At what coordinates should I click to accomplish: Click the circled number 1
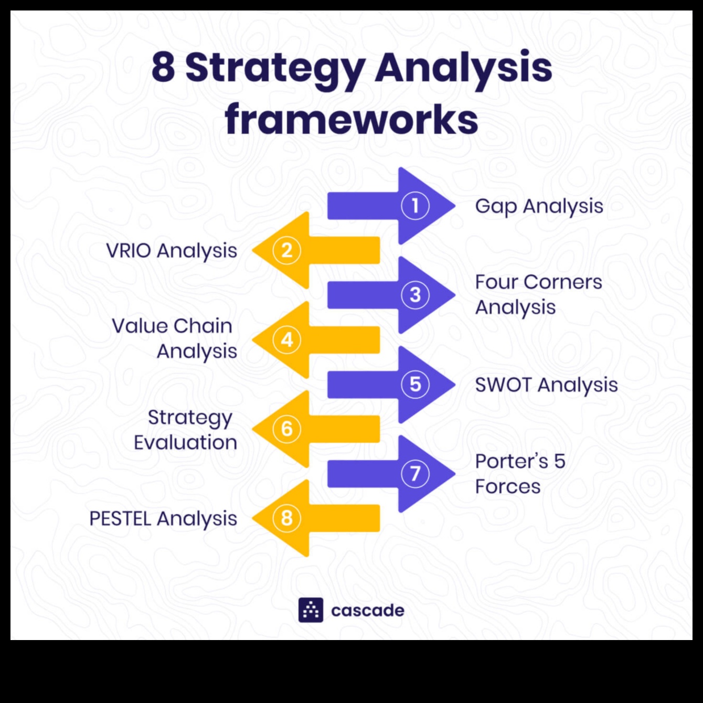415,206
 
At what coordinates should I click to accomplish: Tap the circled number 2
287,250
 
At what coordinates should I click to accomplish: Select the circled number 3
415,295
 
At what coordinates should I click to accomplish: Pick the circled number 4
287,340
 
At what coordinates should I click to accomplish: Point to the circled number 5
415,385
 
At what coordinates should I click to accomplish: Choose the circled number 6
287,429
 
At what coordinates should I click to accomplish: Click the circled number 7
415,474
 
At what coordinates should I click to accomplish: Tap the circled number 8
287,518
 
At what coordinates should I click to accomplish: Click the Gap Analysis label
539,206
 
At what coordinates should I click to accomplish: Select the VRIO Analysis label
172,251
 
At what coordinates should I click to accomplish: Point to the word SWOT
503,385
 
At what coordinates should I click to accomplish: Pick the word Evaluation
185,443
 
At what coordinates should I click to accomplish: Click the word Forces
507,487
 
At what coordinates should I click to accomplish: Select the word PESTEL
120,519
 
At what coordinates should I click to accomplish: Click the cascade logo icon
311,610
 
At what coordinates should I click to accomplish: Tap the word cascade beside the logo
368,611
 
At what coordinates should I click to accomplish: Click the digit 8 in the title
163,67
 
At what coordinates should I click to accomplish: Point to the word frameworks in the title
351,120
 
